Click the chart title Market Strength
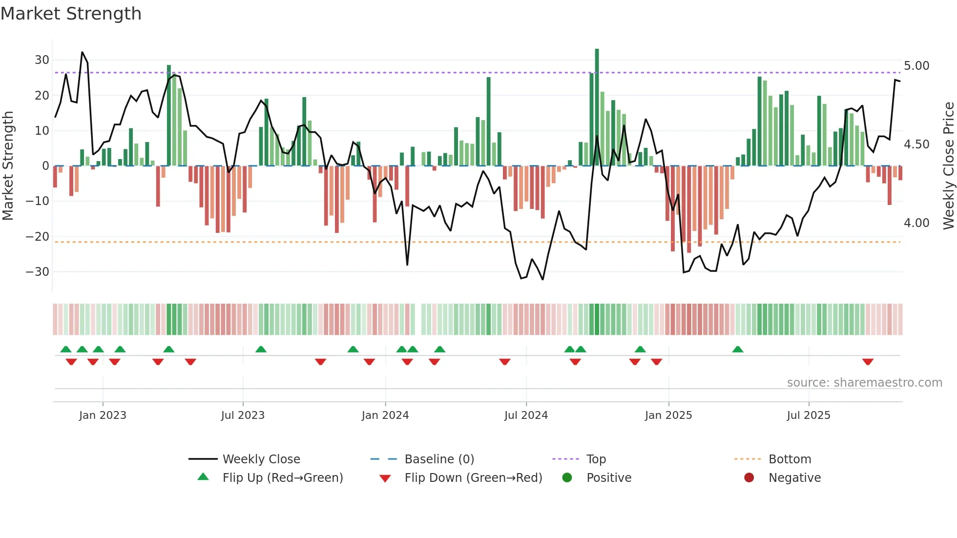coord(71,14)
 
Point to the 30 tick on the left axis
coord(42,60)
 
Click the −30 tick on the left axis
coord(38,271)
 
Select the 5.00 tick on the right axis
coord(916,66)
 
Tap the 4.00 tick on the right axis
coord(916,223)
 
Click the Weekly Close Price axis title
coord(948,166)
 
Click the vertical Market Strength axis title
coord(8,166)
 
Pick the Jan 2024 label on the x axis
coord(385,415)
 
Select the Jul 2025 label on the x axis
coord(808,415)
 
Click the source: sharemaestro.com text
coord(864,383)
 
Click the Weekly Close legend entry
coord(261,459)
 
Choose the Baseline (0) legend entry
coord(439,459)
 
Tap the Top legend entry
coord(596,459)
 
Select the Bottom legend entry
coord(790,459)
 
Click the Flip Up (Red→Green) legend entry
coord(282,478)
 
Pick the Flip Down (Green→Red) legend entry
coord(473,478)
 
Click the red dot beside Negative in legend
coord(749,477)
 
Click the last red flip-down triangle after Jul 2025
coord(868,362)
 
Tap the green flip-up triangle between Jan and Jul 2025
coord(738,349)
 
